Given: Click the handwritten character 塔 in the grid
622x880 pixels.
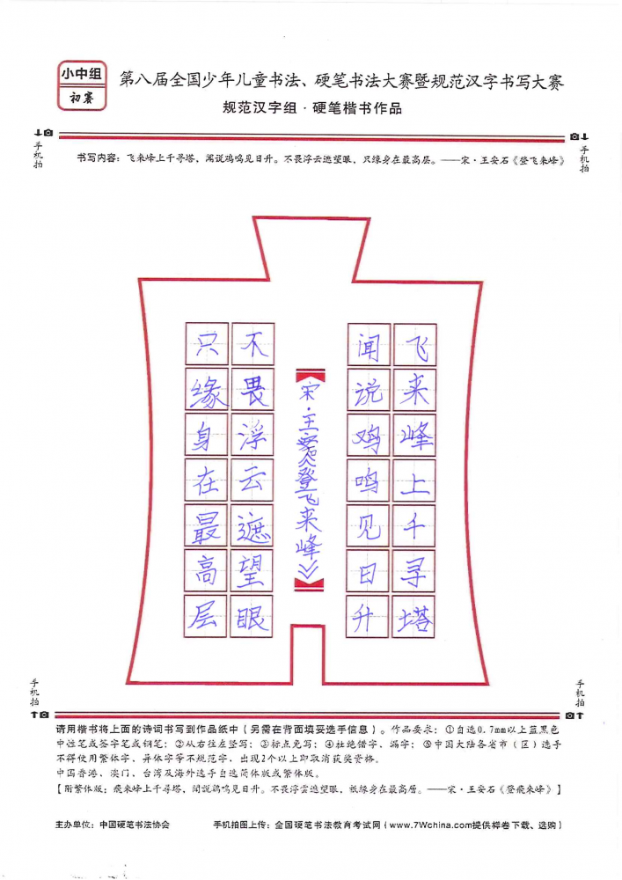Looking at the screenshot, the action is click(414, 619).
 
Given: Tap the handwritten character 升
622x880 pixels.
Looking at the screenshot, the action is click(365, 619).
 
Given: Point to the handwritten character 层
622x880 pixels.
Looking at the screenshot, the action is click(205, 617).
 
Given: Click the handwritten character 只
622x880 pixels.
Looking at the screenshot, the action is click(207, 343).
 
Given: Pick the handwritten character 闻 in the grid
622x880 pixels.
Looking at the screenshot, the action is click(369, 346).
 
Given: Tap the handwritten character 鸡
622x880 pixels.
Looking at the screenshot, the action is click(368, 437).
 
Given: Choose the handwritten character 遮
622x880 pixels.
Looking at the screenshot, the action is click(252, 527).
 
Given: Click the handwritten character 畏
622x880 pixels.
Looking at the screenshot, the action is click(253, 390).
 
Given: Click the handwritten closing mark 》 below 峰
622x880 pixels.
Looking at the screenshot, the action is click(309, 569).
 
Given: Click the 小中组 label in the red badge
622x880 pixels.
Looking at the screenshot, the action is click(82, 74).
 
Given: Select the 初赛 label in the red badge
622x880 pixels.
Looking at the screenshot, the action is click(82, 99).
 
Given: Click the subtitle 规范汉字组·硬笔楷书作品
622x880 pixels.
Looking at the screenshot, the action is click(311, 107).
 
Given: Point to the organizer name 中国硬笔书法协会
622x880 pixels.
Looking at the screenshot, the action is click(134, 825).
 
